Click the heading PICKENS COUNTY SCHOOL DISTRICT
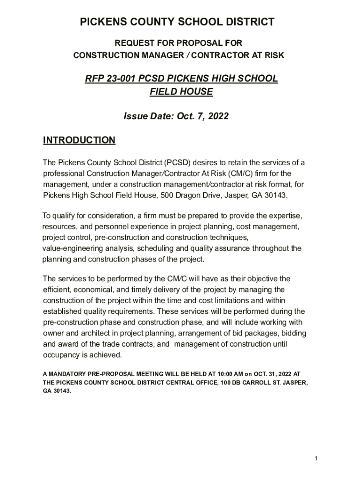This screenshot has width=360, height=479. tap(177, 22)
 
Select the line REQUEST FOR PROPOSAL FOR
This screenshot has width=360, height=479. tap(179, 44)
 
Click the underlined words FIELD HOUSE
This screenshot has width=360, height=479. tap(181, 92)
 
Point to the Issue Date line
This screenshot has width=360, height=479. tap(176, 116)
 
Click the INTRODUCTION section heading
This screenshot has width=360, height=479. tap(79, 140)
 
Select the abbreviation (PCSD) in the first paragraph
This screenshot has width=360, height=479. tap(177, 163)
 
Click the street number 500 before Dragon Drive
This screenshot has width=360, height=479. tap(167, 195)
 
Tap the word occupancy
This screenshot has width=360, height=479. tap(62, 355)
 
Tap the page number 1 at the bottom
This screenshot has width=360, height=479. tap(317, 458)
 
